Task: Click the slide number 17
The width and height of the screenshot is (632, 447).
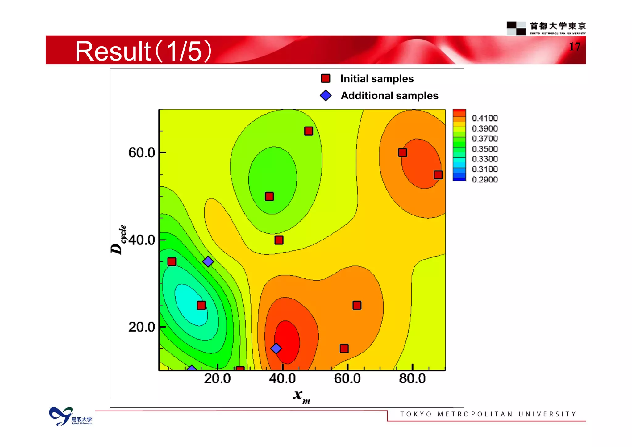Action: [575, 47]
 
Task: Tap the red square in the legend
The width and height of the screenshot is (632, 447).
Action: [326, 78]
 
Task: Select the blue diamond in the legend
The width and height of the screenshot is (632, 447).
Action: [326, 95]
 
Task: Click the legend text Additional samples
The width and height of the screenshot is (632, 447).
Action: [389, 96]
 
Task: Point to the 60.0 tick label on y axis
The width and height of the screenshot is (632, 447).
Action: [142, 152]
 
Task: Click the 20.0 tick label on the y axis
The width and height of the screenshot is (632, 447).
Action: [142, 327]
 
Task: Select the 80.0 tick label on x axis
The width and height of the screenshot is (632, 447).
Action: [412, 378]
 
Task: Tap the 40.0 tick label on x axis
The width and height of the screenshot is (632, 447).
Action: [282, 378]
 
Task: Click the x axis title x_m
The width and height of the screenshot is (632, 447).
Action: [301, 396]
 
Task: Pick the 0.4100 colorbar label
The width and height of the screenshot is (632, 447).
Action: [484, 118]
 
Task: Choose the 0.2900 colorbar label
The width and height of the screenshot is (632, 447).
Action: [484, 179]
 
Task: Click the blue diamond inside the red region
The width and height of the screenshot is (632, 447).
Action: [276, 349]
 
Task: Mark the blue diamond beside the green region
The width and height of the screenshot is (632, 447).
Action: [208, 261]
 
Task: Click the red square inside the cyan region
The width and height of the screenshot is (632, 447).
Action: [201, 305]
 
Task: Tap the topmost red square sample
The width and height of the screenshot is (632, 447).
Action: [308, 131]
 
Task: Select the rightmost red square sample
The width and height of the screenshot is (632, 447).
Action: [438, 175]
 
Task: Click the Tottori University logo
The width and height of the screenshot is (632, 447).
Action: [70, 417]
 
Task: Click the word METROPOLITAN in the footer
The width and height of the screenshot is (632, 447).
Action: [475, 414]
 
